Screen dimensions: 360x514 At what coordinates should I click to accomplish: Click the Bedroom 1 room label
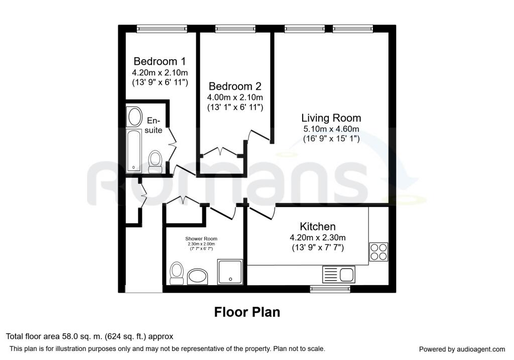point(159,62)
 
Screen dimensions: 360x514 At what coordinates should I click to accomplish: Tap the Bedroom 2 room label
point(235,86)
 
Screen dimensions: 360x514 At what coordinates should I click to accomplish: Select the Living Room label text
point(331,118)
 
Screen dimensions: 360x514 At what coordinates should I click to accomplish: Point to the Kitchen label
point(318,226)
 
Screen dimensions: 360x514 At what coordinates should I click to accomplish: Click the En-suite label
point(154,126)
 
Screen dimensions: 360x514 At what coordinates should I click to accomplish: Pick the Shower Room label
point(201,238)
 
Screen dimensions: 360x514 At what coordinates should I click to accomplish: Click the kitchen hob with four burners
point(378,252)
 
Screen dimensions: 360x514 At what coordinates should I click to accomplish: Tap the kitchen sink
point(339,274)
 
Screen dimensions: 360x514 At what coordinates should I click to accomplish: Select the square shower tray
point(230,272)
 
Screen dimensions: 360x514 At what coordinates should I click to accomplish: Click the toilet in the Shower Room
point(176,272)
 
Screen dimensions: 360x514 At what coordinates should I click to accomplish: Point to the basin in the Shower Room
point(198,275)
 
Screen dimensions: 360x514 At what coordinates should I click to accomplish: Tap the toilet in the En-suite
point(155,161)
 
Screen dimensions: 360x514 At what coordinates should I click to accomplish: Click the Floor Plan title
point(247,312)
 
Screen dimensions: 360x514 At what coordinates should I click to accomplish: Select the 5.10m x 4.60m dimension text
point(331,130)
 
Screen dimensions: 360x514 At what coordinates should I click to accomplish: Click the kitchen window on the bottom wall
point(330,288)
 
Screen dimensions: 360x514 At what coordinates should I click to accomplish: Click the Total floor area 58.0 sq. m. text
point(89,337)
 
